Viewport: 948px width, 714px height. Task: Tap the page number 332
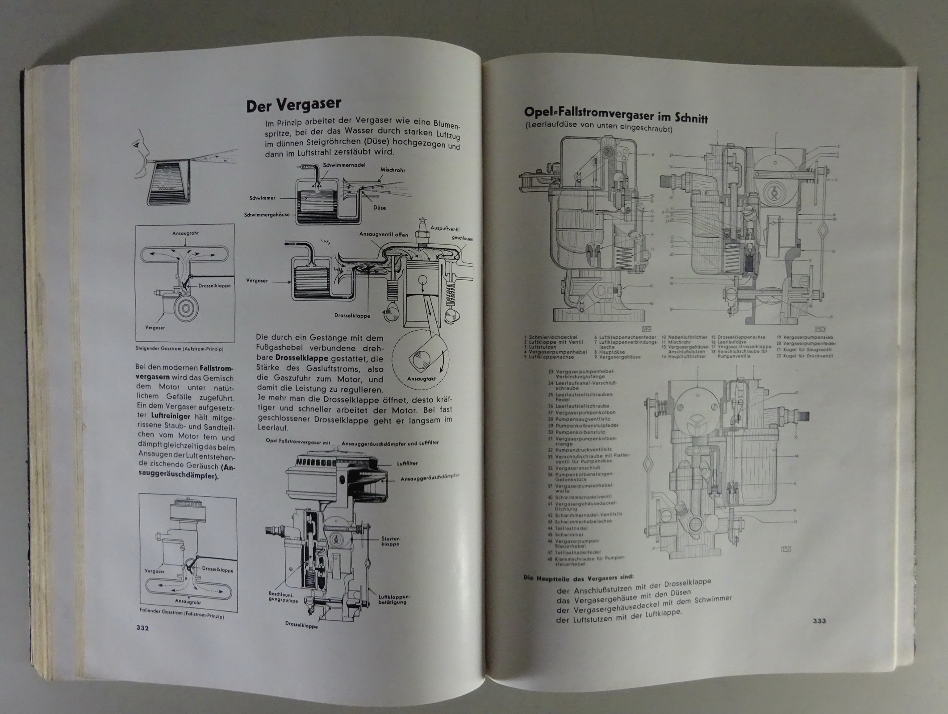(142, 627)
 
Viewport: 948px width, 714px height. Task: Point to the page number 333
(819, 621)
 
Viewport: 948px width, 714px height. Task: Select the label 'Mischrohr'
(393, 170)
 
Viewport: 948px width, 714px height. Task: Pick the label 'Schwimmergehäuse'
(267, 215)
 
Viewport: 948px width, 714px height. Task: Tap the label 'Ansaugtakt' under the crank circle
(421, 379)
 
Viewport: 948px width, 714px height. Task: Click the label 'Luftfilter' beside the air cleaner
(407, 464)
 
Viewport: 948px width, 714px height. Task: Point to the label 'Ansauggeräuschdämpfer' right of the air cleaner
(430, 477)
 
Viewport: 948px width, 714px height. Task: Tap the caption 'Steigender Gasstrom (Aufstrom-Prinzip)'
(179, 349)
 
